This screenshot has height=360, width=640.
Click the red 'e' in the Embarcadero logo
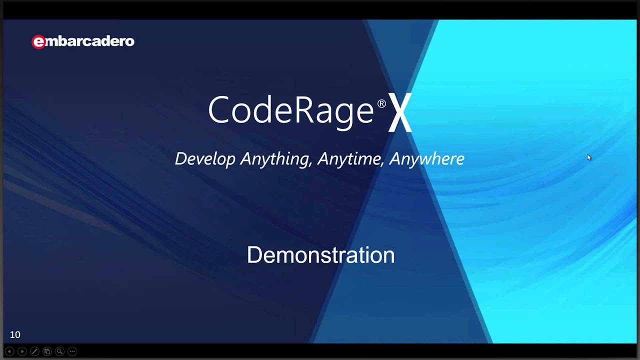[x=38, y=42]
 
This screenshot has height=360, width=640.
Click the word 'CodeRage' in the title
[x=290, y=110]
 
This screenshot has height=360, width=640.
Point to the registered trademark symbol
[x=381, y=103]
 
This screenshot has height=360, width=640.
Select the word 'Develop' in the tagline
[x=205, y=159]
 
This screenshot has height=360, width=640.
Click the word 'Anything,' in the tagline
[x=276, y=159]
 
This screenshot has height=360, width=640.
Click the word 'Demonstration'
[x=320, y=255]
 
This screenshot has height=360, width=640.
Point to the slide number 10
[x=15, y=335]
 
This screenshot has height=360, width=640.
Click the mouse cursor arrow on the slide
[x=589, y=157]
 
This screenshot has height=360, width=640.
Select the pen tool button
[x=34, y=351]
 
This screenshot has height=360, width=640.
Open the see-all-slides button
[x=47, y=351]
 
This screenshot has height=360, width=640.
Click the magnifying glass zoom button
[x=59, y=351]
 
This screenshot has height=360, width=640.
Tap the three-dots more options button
[x=72, y=351]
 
